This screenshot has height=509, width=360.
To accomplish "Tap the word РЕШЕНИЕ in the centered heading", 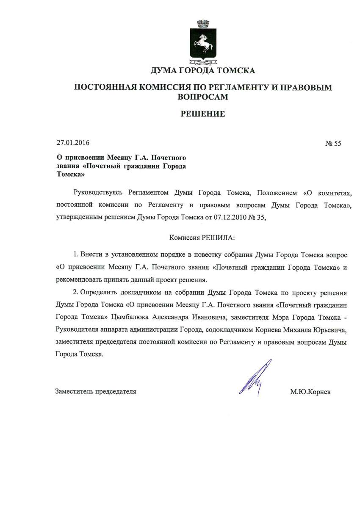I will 203,114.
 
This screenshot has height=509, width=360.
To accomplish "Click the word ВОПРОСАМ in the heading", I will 203,97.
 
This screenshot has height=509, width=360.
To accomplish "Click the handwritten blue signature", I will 255,377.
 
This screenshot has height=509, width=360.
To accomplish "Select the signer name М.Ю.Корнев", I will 310,392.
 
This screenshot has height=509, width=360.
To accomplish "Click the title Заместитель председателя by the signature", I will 96,392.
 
